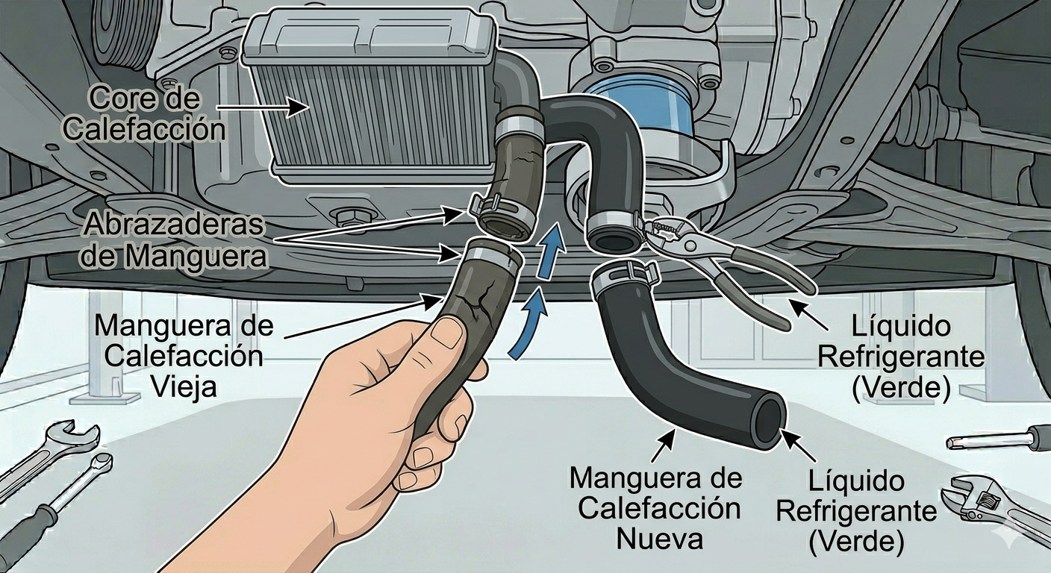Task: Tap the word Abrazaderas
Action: tap(174, 225)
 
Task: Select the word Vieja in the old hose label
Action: tap(184, 386)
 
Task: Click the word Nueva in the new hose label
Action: tap(659, 538)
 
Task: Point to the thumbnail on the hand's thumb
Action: tap(446, 333)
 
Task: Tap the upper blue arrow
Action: tap(549, 252)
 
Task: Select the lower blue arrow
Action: tap(529, 324)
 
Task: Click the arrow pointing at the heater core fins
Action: tap(263, 108)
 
